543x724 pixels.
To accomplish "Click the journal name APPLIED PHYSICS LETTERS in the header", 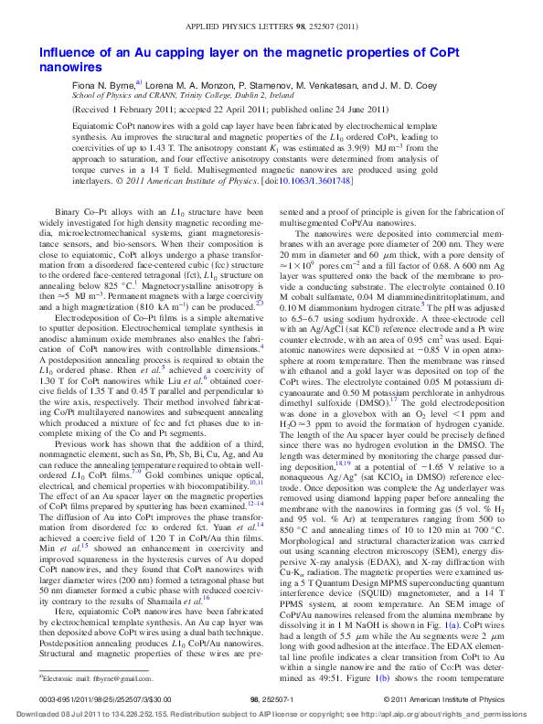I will tap(262, 30).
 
